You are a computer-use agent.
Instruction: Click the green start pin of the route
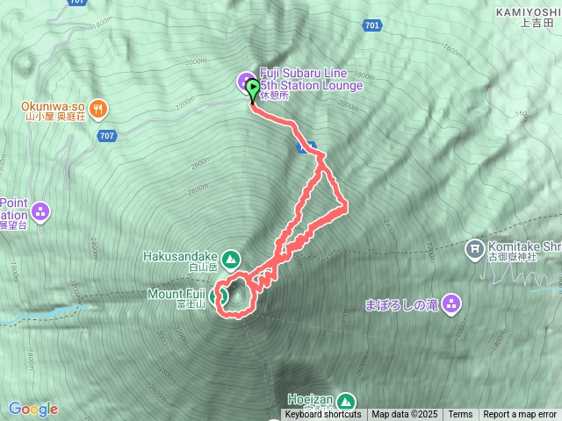(x=254, y=89)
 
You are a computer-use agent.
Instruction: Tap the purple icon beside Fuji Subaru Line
(x=245, y=82)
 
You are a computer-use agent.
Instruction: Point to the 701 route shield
(x=371, y=26)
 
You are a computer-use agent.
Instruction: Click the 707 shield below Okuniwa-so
(x=107, y=136)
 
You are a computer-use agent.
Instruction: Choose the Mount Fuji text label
(x=177, y=293)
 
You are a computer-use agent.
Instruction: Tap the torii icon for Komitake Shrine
(x=475, y=250)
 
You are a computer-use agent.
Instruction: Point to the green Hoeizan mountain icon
(x=345, y=400)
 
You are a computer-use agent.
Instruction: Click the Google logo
(x=33, y=409)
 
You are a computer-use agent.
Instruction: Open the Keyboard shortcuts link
(x=322, y=415)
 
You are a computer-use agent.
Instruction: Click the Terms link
(x=460, y=415)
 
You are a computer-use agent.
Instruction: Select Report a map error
(x=520, y=415)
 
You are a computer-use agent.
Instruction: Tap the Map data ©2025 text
(x=403, y=415)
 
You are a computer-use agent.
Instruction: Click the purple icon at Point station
(x=40, y=210)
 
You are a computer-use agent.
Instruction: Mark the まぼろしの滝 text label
(x=401, y=305)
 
